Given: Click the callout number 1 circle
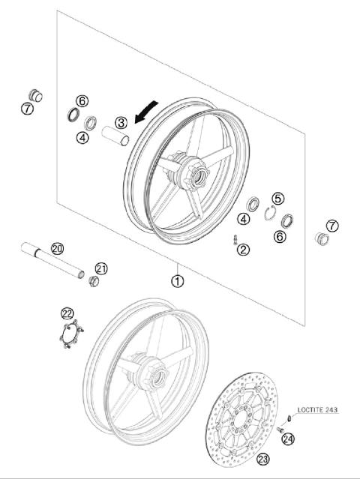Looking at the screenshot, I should coord(177,282).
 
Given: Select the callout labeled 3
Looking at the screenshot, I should coord(120,122).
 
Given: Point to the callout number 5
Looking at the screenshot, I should coord(278,199).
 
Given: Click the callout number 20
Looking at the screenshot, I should coord(56,248).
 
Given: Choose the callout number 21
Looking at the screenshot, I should coord(101,268).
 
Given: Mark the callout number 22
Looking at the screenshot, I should coord(68,313).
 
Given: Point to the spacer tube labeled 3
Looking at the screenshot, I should coord(117,139).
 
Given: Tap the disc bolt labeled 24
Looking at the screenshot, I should coord(279,430).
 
